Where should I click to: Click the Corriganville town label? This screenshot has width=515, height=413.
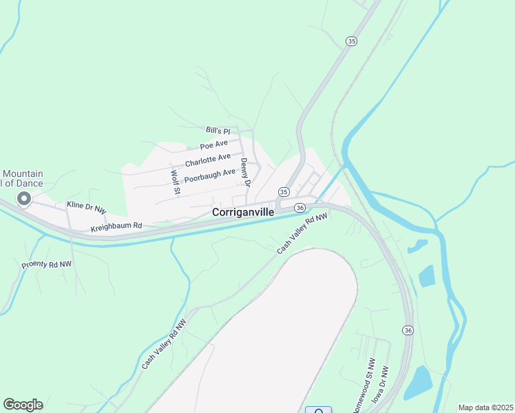tap(243, 213)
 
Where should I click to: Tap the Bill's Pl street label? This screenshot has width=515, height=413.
tap(217, 129)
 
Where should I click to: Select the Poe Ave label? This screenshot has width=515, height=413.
tap(213, 145)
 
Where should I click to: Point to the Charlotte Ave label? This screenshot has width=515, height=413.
tap(208, 160)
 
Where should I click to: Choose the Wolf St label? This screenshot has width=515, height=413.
tap(176, 181)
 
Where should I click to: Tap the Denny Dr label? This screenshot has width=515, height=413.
tap(244, 172)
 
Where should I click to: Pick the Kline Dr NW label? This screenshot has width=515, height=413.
tap(86, 205)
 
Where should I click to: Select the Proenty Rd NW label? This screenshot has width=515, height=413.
tap(46, 264)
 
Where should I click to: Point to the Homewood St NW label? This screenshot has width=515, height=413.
tap(365, 386)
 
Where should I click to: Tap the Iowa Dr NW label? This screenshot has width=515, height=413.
tap(380, 384)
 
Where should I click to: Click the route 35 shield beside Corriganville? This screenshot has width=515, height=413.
tap(284, 191)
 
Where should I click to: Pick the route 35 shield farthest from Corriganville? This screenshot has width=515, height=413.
tap(352, 41)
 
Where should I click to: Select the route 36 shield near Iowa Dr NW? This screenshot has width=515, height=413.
tap(408, 330)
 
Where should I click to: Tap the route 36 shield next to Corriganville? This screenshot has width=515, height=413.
tap(299, 207)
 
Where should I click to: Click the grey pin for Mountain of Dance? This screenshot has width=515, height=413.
tap(24, 200)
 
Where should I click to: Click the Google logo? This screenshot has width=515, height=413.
tap(23, 404)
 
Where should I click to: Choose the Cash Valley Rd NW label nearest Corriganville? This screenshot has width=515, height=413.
tap(302, 233)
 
